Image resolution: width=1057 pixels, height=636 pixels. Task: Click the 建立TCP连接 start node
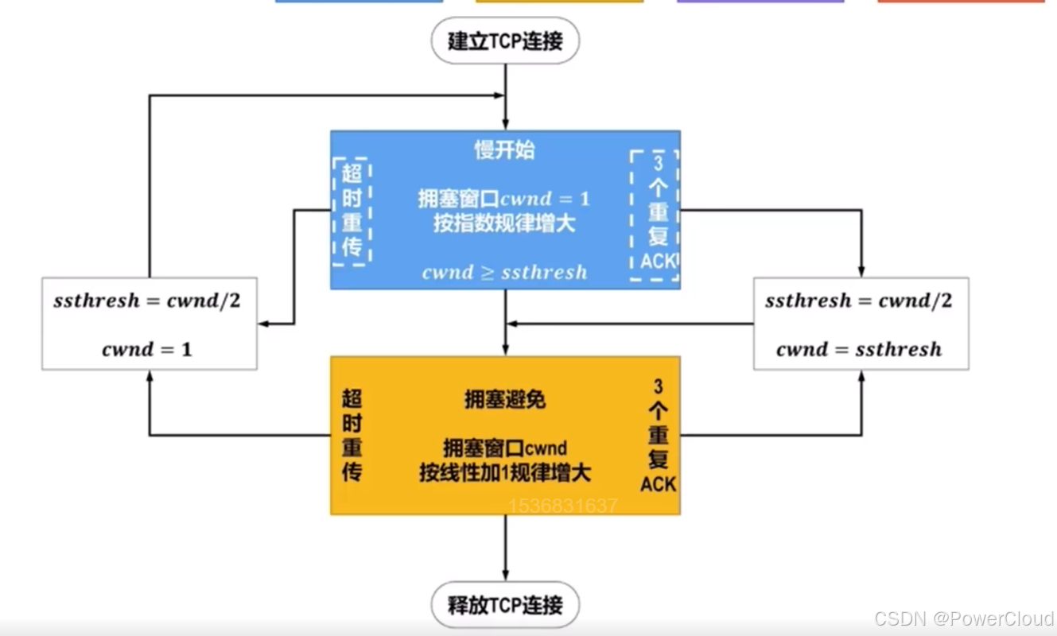point(505,41)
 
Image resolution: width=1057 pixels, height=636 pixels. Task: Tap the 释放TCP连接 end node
point(505,605)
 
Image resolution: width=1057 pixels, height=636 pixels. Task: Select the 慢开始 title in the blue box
point(505,149)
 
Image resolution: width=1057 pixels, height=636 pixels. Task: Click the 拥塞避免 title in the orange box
point(505,400)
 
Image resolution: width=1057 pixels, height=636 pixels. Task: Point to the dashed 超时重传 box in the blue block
point(352,211)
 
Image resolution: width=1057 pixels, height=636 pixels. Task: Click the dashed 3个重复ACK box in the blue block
point(655,215)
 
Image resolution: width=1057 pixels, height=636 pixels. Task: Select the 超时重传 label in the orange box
point(352,436)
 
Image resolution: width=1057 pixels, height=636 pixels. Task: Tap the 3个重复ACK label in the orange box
point(658,436)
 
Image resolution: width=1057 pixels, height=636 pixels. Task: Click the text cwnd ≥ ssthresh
point(505,272)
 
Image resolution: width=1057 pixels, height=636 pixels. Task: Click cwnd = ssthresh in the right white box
point(859,349)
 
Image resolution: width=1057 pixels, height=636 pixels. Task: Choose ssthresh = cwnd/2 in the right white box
point(858,301)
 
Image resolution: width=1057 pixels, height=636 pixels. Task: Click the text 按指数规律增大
point(505,223)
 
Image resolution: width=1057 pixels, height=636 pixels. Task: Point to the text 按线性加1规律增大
point(505,473)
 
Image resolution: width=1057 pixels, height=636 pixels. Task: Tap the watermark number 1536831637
point(562,506)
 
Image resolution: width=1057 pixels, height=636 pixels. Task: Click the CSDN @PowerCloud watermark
point(964,619)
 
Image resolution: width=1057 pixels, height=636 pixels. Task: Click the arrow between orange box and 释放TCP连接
point(505,549)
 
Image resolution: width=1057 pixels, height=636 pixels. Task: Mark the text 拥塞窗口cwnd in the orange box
point(505,448)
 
